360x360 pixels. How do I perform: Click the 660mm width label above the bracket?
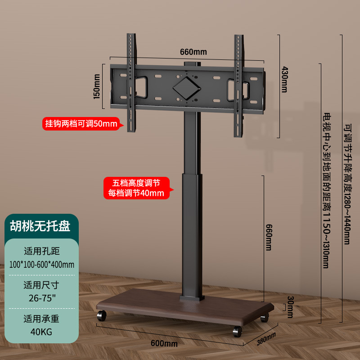(193, 52)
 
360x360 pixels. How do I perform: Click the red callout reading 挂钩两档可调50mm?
(81, 123)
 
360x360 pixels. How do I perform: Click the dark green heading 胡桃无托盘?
(40, 225)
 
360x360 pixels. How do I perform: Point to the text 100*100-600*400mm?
(41, 264)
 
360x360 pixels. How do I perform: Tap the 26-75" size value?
(41, 297)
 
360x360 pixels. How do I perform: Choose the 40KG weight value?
(41, 332)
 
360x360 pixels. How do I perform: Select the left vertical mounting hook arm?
(131, 83)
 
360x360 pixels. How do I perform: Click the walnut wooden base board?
(180, 310)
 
